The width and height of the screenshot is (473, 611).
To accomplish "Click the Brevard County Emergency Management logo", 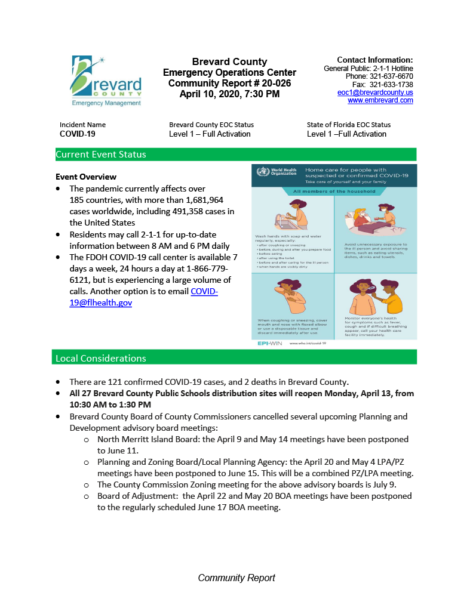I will tap(107, 81).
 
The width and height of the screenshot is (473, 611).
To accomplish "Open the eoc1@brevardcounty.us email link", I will tap(375, 92).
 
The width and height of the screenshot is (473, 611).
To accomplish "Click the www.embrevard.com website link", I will tap(380, 100).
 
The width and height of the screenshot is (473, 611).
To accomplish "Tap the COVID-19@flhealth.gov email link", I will tap(143, 297).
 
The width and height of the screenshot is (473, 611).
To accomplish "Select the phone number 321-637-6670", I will tap(391, 76).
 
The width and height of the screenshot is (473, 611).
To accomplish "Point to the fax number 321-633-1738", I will tap(391, 85).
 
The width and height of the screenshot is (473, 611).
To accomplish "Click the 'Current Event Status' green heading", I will tap(101, 155).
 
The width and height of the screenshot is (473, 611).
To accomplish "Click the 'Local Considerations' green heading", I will tap(101, 358).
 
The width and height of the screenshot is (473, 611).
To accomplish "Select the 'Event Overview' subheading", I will tap(86, 177).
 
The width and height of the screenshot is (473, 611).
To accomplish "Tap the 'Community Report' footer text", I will tap(236, 578).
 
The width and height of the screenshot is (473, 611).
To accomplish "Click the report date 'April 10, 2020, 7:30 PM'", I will tap(229, 94).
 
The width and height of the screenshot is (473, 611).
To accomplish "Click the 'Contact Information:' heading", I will tap(375, 60).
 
